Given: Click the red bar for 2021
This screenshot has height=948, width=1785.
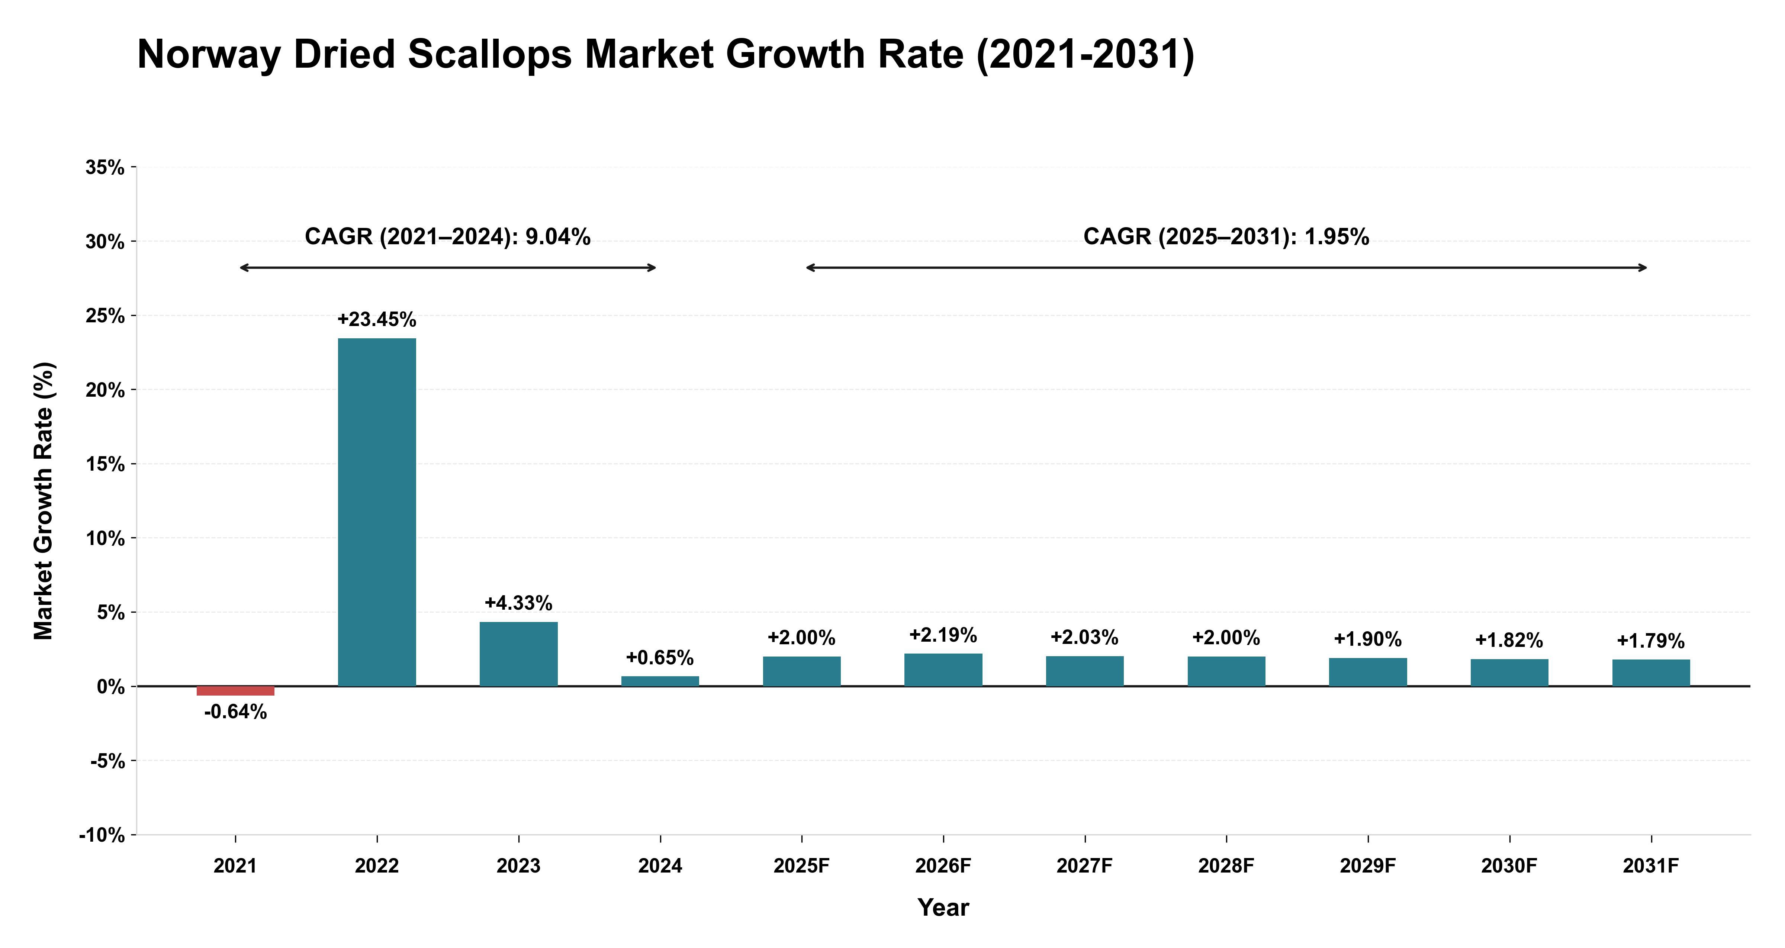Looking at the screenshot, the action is pos(236,691).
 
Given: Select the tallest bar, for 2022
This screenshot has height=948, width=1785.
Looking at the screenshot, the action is pos(377,512).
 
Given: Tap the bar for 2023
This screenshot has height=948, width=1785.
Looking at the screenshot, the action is pos(518,654).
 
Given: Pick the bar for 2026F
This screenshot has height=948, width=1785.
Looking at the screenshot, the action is pos(943,670).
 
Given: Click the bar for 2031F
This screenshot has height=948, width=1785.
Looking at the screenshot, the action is pos(1651,673).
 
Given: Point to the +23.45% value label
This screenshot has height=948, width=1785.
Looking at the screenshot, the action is pos(377,319).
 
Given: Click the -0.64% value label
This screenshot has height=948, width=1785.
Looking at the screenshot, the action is pos(236,712).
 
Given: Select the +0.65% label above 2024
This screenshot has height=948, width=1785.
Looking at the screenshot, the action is pos(660,658).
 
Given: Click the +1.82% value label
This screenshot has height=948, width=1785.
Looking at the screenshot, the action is pos(1509,640).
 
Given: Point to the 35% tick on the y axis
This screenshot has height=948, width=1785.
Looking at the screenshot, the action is pos(105,168).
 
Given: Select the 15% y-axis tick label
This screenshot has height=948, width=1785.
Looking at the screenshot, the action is pos(105,464).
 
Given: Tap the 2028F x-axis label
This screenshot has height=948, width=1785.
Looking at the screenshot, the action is pos(1226,866).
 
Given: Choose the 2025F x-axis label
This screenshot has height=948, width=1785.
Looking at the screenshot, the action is pos(802,866).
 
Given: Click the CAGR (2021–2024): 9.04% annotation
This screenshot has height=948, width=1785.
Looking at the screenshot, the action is pos(448,237).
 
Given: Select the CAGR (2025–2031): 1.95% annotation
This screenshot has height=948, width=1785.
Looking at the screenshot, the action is pos(1226,237).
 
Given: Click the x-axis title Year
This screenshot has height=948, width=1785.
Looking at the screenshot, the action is pos(943,908).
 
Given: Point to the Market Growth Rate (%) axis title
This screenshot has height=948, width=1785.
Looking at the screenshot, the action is pos(44,501).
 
